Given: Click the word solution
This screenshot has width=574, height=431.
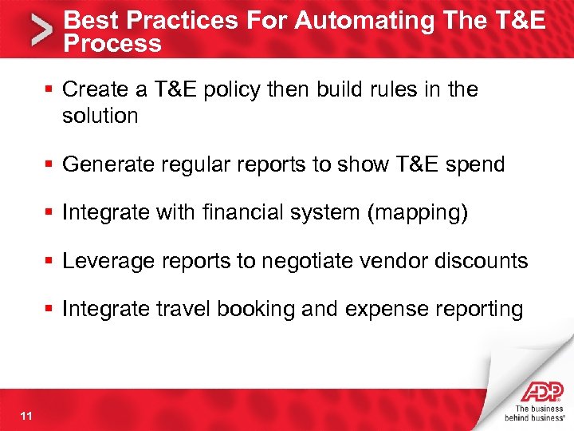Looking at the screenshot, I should tap(100, 116).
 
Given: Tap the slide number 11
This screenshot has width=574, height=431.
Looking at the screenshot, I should tap(27, 414).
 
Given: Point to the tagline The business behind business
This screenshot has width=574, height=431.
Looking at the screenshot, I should tap(538, 413).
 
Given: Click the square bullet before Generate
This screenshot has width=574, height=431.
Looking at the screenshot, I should tap(51, 165).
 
